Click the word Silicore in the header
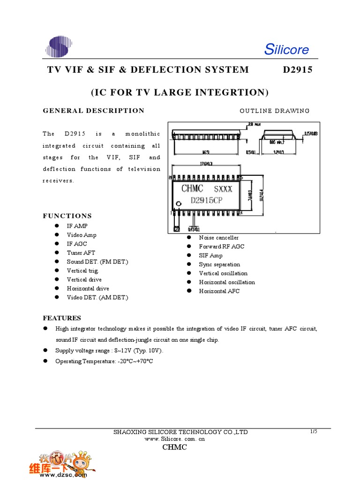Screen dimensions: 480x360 pos(286,49)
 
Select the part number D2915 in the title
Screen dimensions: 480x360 pos(297,70)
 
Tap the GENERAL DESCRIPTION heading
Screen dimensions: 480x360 pos(94,111)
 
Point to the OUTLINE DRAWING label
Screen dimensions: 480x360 pos(274,111)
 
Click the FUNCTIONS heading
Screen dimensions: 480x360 pos(67,216)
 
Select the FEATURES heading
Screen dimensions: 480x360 pos(62,318)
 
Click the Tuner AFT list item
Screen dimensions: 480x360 pos(81,253)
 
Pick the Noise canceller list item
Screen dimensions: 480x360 pos(218,238)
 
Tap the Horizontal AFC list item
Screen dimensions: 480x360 pos(219,291)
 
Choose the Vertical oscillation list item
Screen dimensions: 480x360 pos(223,273)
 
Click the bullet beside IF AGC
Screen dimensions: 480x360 pos(57,244)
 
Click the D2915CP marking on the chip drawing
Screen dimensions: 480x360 pos(206,200)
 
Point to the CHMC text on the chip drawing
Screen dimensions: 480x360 pos(192,188)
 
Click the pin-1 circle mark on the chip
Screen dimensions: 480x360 pos(179,204)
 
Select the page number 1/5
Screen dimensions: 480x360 pos(314,431)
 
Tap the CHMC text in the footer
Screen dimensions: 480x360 pos(174,447)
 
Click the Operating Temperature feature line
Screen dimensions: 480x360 pos(104,361)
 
